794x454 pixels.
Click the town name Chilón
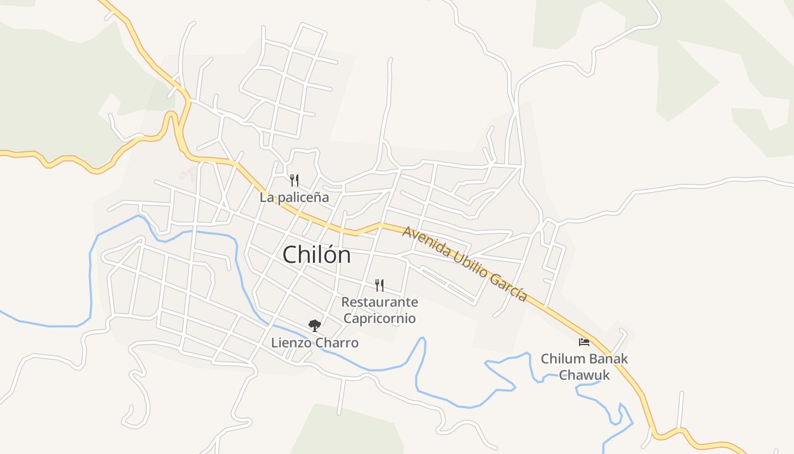click(x=316, y=255)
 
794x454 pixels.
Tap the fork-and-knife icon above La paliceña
click(x=294, y=180)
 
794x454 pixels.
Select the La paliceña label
click(x=294, y=197)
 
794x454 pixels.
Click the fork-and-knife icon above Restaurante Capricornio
click(x=379, y=285)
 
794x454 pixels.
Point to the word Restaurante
click(x=379, y=302)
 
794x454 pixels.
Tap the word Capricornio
click(x=379, y=318)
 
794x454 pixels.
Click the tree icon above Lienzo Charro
click(x=314, y=326)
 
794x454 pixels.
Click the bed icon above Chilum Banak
click(x=584, y=342)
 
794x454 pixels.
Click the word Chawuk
click(x=584, y=375)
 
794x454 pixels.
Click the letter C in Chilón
click(x=290, y=255)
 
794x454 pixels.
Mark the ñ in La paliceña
click(x=316, y=197)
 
